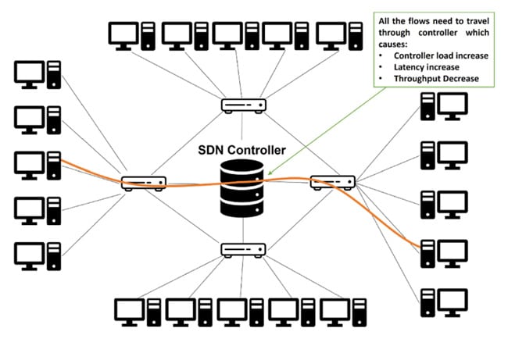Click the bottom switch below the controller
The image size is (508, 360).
(243, 249)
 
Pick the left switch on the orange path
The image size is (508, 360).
(144, 183)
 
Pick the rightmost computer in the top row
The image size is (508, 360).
(338, 34)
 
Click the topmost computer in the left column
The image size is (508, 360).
(37, 75)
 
